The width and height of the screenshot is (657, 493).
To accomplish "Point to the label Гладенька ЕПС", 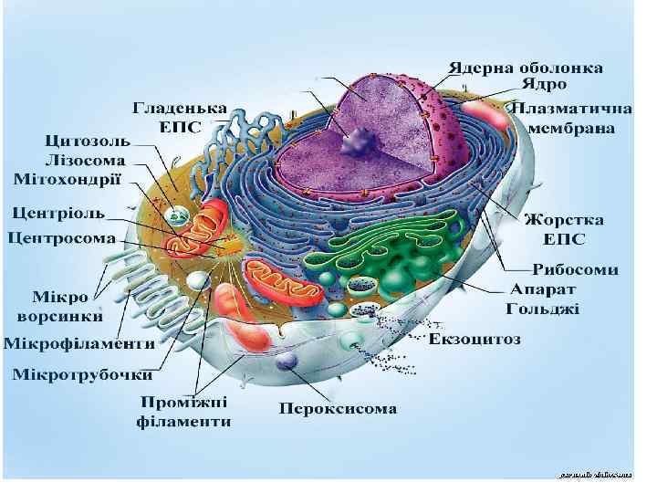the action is pyautogui.click(x=181, y=116).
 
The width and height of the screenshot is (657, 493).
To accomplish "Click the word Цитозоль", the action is pyautogui.click(x=88, y=142).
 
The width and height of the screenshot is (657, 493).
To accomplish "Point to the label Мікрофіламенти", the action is pyautogui.click(x=78, y=344).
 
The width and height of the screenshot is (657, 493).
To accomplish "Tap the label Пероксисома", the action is pyautogui.click(x=338, y=408).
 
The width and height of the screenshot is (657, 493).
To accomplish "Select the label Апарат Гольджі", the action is pyautogui.click(x=544, y=299).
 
